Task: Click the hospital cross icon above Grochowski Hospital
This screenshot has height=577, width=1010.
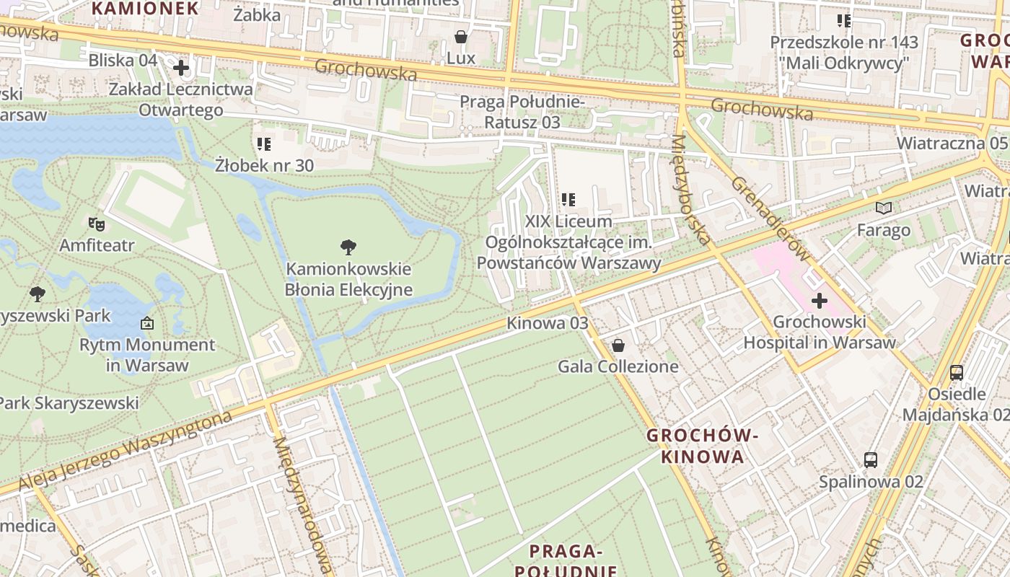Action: coord(819,301)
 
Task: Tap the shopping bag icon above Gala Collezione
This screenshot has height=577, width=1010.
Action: coord(618,345)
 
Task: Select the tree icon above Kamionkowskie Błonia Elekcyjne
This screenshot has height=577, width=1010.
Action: coord(348,247)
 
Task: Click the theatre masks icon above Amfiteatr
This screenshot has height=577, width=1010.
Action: coord(97,224)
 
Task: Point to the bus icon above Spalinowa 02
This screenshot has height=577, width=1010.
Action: coord(871,459)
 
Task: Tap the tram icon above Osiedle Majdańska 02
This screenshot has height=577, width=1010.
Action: coord(957,373)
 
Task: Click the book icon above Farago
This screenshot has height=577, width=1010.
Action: coord(884,208)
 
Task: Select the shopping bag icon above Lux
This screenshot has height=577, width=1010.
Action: coord(461,37)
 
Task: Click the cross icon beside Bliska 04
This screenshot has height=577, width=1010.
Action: coord(180,68)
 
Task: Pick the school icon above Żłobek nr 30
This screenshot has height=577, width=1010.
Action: coord(264,144)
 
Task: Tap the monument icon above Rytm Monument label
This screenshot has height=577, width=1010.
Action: coord(147,323)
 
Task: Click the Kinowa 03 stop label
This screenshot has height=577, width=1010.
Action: coord(548,323)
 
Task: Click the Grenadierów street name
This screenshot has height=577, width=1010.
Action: coord(770,217)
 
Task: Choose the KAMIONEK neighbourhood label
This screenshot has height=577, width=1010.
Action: coord(145,9)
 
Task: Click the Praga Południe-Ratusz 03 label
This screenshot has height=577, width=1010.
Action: coord(522,112)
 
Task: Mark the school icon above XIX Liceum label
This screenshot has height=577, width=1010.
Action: coord(568,199)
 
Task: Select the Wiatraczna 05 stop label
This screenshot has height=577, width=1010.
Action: coord(952,143)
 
